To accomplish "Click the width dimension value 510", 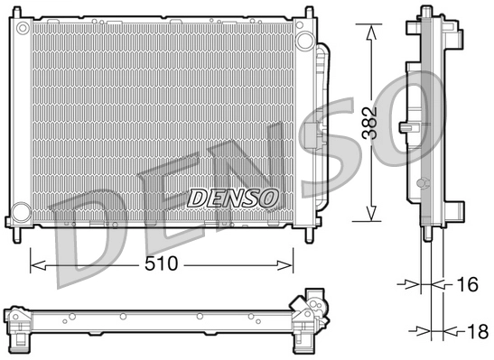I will pyautogui.click(x=162, y=265).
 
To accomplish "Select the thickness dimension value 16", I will pyautogui.click(x=467, y=284).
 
